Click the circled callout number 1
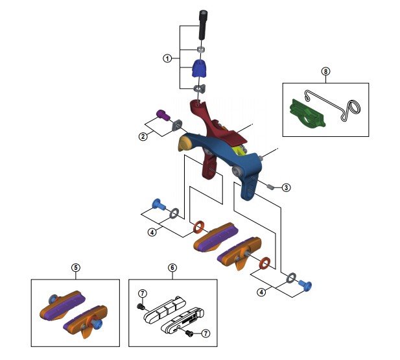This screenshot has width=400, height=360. click(x=167, y=58)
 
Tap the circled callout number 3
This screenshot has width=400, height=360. click(x=286, y=187)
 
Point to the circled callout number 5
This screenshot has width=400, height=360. click(x=76, y=267)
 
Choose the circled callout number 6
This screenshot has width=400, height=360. click(x=172, y=267)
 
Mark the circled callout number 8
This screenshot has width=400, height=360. click(x=325, y=71)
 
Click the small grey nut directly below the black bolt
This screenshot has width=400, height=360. click(x=201, y=48)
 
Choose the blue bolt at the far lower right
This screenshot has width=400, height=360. click(x=307, y=283)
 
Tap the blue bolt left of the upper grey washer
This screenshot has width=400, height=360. click(x=158, y=205)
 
